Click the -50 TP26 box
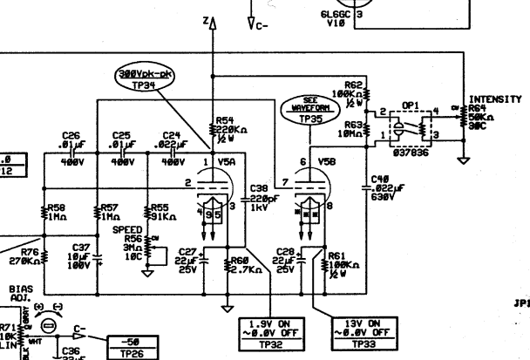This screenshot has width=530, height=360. click(133, 348)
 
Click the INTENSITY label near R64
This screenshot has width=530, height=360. click(494, 98)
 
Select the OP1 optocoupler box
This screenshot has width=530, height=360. click(405, 128)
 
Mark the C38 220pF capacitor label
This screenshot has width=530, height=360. click(260, 196)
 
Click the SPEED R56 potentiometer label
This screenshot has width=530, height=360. click(132, 244)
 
